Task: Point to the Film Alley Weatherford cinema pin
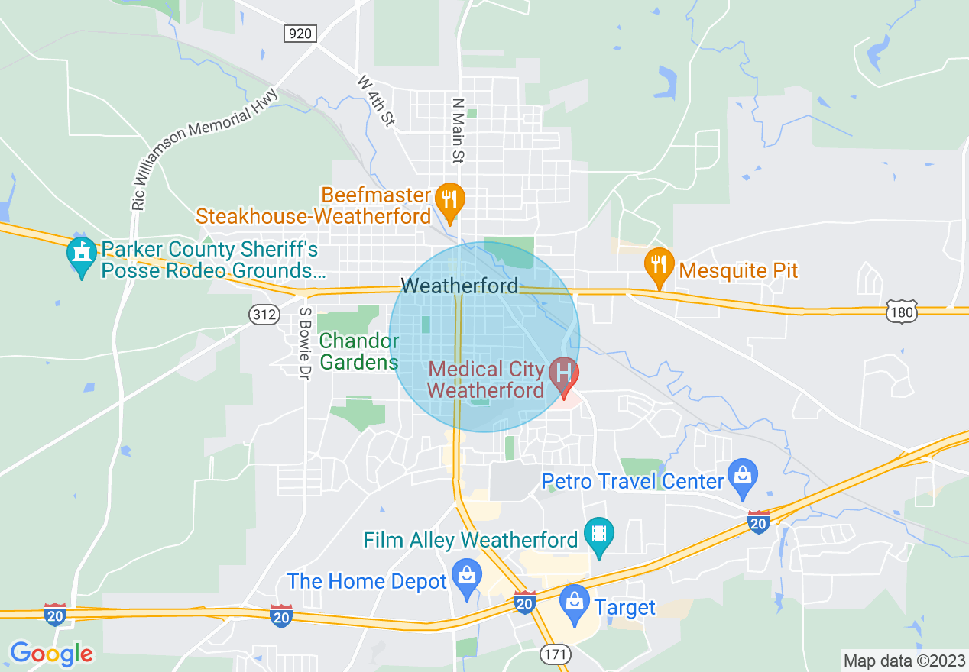[599, 535]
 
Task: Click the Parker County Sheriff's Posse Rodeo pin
[81, 255]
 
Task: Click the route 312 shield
[262, 313]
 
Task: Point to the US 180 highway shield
[902, 312]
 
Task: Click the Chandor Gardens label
[359, 351]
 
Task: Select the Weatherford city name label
[459, 286]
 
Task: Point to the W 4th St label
[376, 100]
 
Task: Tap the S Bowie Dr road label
[305, 344]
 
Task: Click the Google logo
[51, 654]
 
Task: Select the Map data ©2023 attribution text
[904, 661]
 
